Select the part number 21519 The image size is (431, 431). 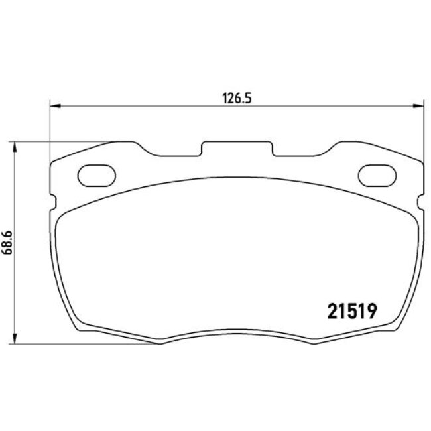coord(351,311)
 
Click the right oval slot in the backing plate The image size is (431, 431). coord(376,175)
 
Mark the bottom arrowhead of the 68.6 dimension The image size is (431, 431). coord(15,339)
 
